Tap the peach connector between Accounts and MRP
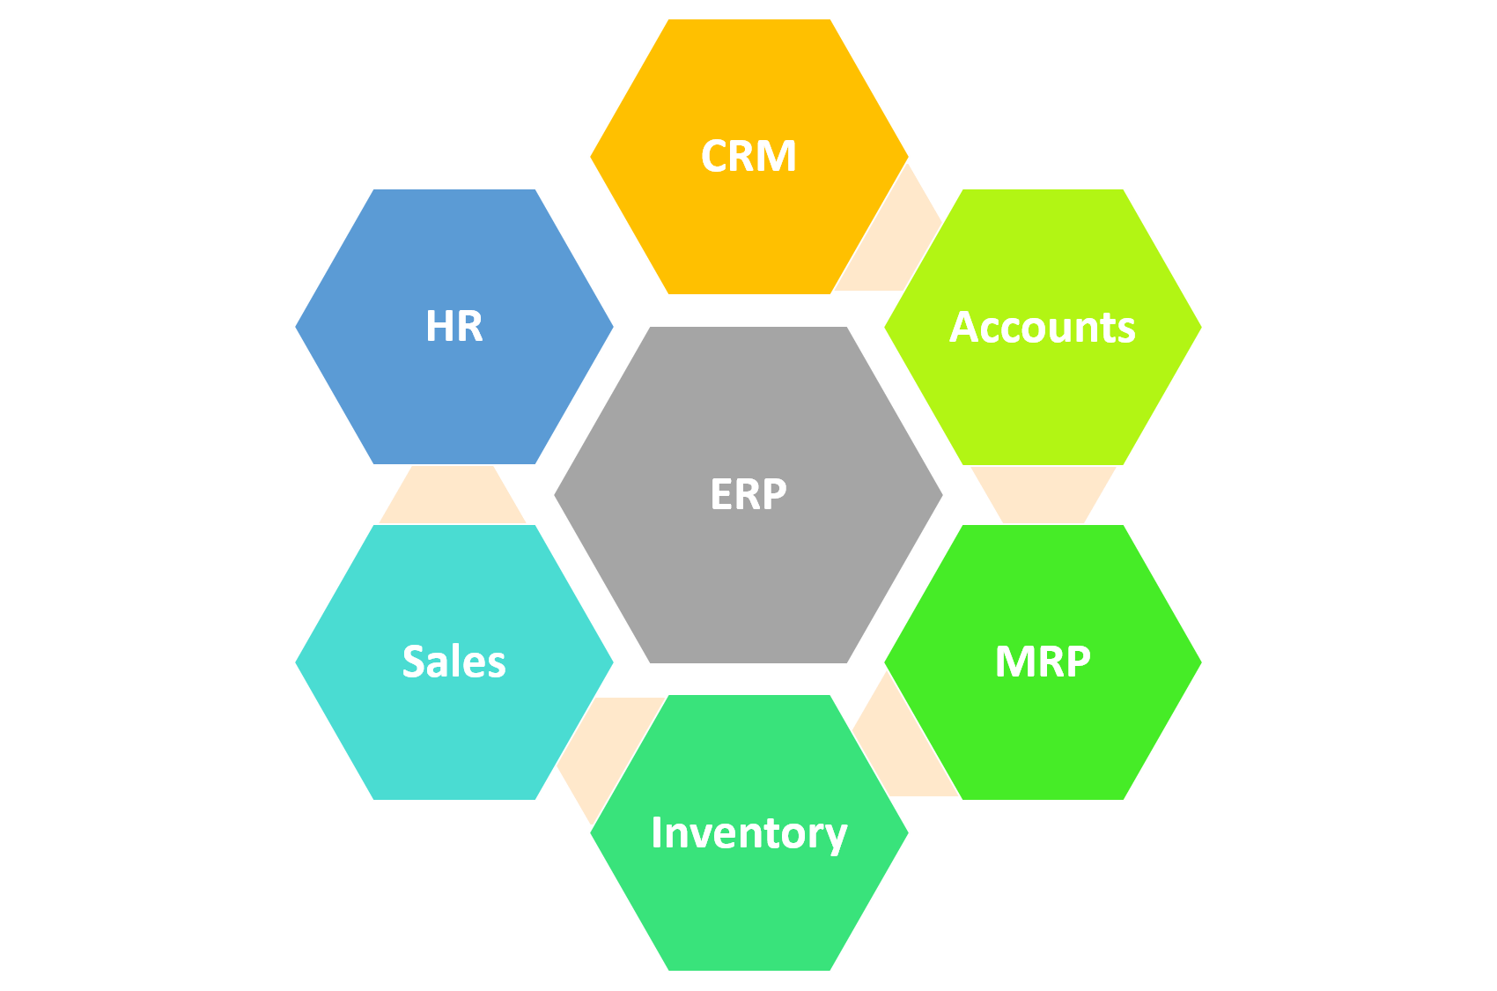click(x=1043, y=493)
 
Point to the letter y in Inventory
click(x=834, y=837)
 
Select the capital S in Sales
click(x=415, y=662)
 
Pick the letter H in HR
click(x=439, y=326)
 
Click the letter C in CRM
click(x=716, y=157)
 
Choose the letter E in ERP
click(x=722, y=494)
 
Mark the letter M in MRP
click(x=1013, y=662)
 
